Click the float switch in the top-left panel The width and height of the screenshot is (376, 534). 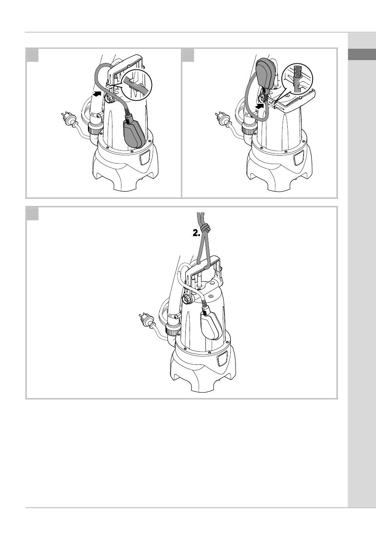134,133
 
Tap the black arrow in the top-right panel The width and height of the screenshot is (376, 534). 261,106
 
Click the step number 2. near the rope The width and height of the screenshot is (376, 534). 196,234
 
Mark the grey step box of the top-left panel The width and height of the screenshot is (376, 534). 32,55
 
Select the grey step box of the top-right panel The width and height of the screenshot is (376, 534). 188,55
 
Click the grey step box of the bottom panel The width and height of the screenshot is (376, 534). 32,214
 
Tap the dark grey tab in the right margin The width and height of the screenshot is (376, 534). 362,54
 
